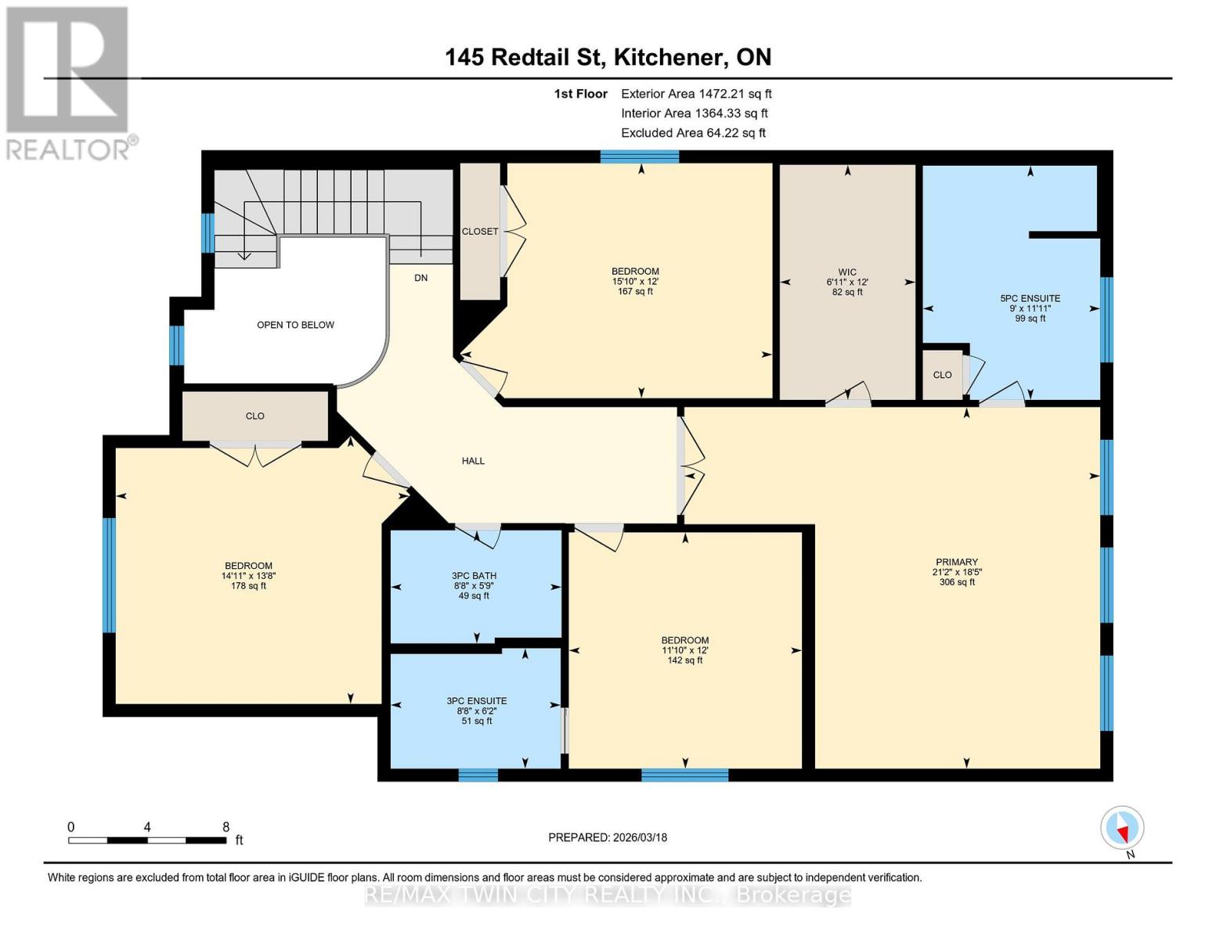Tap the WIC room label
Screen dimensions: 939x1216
(847, 272)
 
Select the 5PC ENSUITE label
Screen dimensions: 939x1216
(1030, 298)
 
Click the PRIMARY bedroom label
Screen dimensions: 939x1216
(956, 562)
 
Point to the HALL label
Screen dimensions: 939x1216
(473, 461)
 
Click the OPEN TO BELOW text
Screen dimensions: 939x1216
(295, 325)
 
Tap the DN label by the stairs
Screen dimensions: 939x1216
(420, 278)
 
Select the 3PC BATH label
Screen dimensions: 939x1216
(474, 576)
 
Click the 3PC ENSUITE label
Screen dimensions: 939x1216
(476, 701)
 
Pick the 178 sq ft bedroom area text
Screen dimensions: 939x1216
(248, 585)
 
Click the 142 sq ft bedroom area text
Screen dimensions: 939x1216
(684, 660)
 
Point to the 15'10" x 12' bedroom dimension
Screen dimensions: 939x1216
(635, 282)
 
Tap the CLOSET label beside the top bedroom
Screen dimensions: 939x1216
(480, 232)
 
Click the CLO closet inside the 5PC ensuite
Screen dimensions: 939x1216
(942, 375)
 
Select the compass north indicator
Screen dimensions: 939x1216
(1122, 828)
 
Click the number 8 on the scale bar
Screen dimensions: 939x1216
(226, 827)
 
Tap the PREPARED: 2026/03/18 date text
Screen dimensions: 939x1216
(608, 837)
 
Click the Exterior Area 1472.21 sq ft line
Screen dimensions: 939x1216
(696, 94)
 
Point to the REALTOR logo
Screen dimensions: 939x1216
(69, 83)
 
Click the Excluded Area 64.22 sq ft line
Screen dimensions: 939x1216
(693, 133)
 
